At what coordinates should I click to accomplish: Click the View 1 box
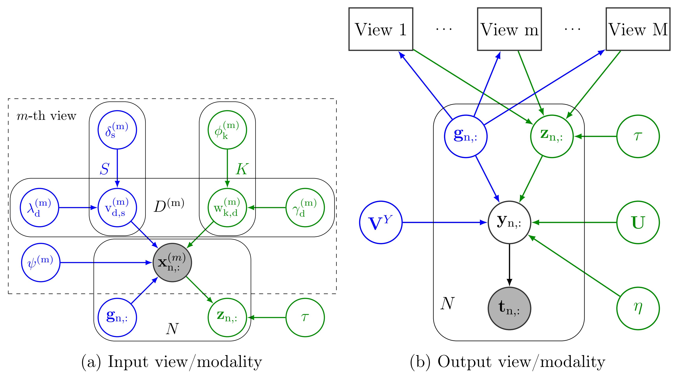pyautogui.click(x=381, y=29)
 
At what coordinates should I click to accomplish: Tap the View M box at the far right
pyautogui.click(x=638, y=29)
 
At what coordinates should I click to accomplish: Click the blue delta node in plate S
pyautogui.click(x=117, y=130)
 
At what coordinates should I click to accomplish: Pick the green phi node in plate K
pyautogui.click(x=227, y=130)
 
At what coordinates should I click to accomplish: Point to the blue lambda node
pyautogui.click(x=39, y=208)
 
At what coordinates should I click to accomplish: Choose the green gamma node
pyautogui.click(x=305, y=208)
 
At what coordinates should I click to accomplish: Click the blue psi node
pyautogui.click(x=41, y=262)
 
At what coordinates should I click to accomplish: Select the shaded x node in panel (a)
pyautogui.click(x=172, y=262)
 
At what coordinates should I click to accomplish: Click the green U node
pyautogui.click(x=638, y=222)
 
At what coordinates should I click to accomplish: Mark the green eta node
pyautogui.click(x=638, y=308)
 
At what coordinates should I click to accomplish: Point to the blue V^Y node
pyautogui.click(x=381, y=222)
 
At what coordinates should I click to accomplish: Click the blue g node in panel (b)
pyautogui.click(x=466, y=136)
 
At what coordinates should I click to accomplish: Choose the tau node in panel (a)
pyautogui.click(x=305, y=317)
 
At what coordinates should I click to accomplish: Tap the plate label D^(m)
pyautogui.click(x=169, y=206)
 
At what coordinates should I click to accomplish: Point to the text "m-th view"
pyautogui.click(x=46, y=116)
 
